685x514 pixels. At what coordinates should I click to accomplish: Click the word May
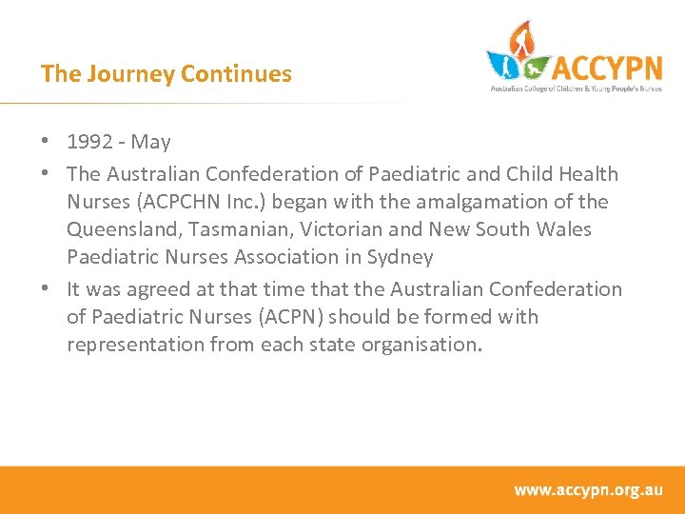click(151, 143)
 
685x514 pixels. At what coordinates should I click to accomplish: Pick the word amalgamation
click(456, 202)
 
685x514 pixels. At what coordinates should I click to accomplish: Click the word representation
click(133, 345)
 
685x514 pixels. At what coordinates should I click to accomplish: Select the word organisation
click(421, 345)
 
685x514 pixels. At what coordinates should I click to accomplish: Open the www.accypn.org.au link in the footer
click(588, 490)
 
